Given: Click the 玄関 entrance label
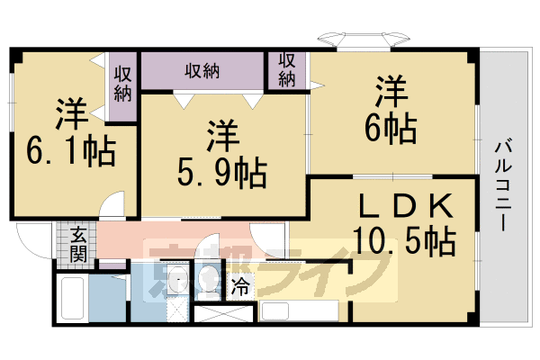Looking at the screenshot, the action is tap(78, 245).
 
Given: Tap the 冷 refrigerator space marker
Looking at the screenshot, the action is tap(240, 286).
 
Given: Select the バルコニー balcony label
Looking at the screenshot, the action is tap(503, 185).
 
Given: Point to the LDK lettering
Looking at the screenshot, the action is tap(406, 206).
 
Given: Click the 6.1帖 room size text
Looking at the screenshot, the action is tap(70, 151).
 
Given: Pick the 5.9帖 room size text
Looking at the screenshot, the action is tap(222, 172).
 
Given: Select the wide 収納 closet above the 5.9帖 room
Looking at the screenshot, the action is tap(202, 71).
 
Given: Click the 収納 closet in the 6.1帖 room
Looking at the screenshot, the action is tap(122, 86).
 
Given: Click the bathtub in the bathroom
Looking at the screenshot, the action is tap(72, 298).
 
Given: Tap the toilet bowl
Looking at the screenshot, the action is tap(207, 278).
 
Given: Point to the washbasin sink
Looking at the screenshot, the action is tap(177, 278).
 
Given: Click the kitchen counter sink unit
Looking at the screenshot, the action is tap(300, 310).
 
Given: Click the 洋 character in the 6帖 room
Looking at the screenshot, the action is tap(391, 92).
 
